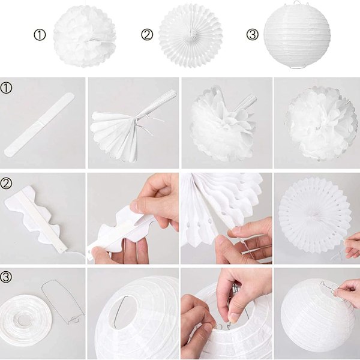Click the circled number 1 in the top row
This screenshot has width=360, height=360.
point(40,35)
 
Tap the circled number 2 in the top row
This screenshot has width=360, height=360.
point(147,35)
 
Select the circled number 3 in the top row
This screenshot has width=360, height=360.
point(253,35)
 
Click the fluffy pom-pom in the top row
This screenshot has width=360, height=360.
point(85,36)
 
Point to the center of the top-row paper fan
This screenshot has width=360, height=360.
point(190,36)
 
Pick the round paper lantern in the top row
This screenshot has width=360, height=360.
point(297,37)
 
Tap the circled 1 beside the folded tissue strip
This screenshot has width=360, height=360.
point(6,88)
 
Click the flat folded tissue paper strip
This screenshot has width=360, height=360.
point(40,124)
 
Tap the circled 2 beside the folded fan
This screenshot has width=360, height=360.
point(6,184)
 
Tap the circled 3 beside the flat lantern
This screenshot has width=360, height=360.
point(6,277)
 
